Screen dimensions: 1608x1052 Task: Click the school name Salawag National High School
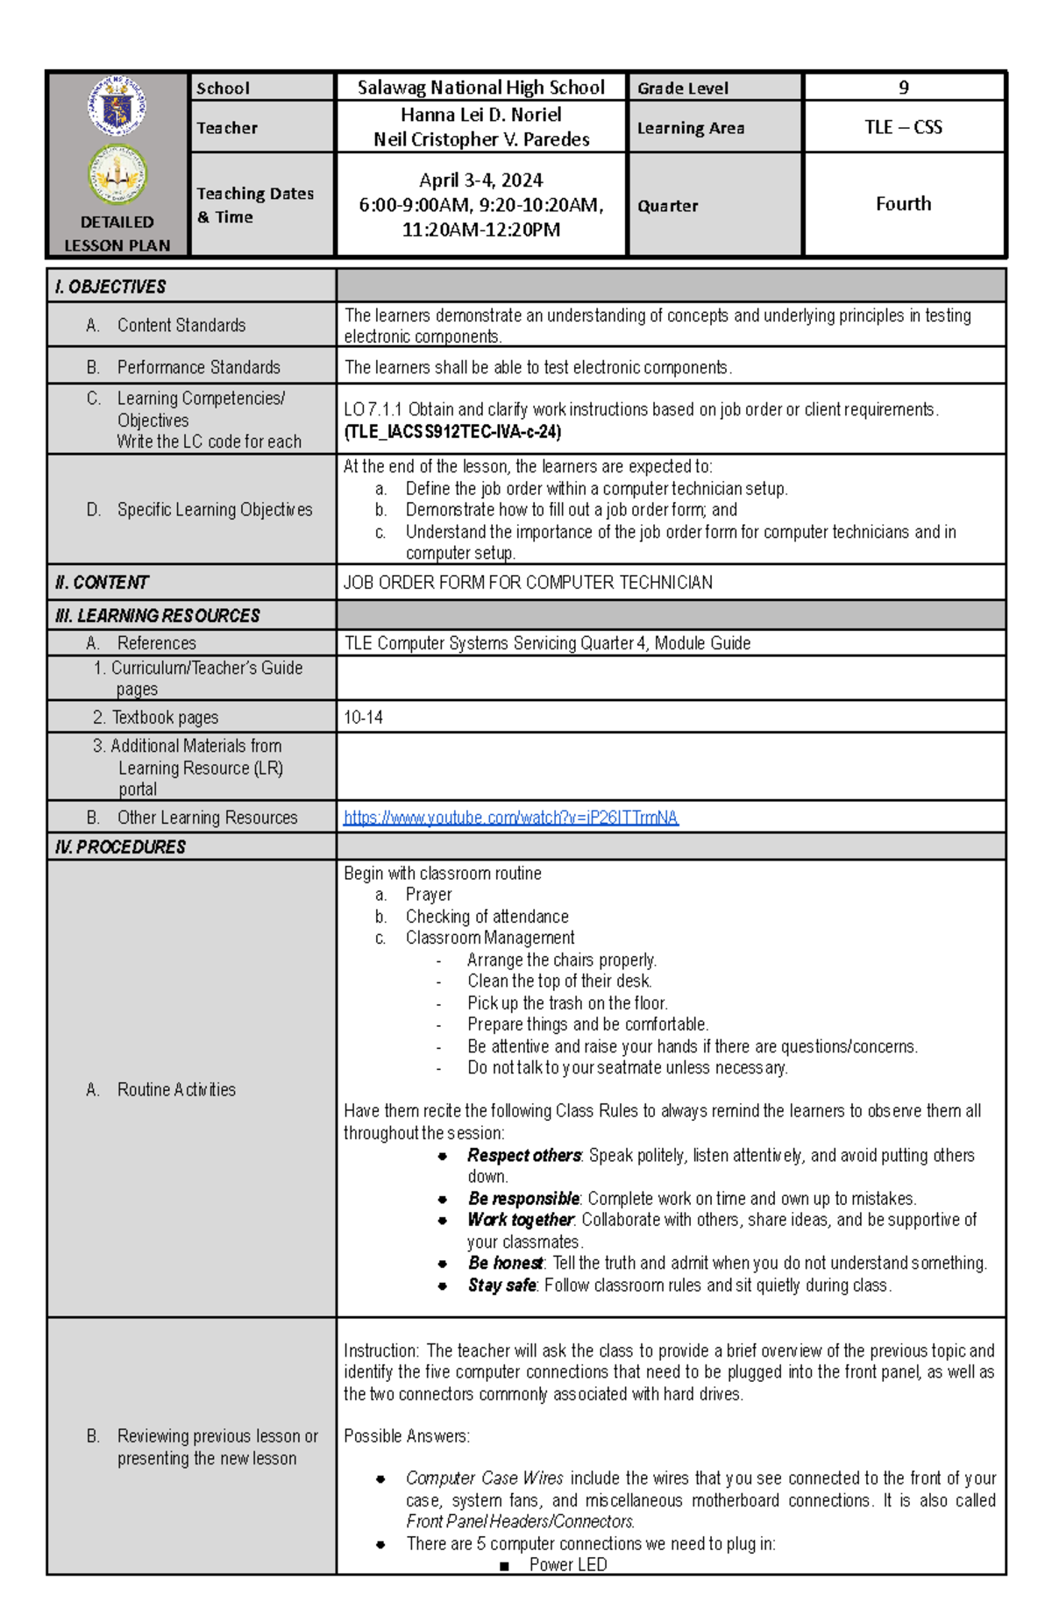[480, 88]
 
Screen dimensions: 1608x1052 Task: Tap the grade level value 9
[903, 88]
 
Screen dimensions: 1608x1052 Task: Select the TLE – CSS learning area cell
[903, 127]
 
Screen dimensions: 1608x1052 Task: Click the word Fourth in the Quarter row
[903, 204]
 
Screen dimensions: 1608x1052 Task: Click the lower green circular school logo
[117, 174]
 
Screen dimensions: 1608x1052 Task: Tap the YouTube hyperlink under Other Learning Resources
[510, 818]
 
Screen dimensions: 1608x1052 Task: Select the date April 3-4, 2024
[480, 181]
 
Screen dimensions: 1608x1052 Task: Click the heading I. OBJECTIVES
[110, 287]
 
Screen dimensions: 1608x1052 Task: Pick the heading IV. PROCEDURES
[120, 847]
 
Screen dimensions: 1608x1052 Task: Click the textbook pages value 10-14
[363, 718]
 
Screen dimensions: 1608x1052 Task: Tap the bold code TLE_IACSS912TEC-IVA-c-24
[452, 432]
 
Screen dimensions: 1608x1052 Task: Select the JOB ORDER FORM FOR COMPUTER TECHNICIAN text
[528, 583]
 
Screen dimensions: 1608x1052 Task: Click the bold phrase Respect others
[523, 1155]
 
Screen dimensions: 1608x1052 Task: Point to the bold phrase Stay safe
[501, 1286]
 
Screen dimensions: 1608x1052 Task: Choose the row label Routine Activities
[175, 1089]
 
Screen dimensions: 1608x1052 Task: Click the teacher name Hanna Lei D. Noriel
[480, 115]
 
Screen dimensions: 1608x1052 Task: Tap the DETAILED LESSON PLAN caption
[117, 234]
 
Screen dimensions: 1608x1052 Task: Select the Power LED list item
[567, 1564]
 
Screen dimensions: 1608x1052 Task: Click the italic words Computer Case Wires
[484, 1478]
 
